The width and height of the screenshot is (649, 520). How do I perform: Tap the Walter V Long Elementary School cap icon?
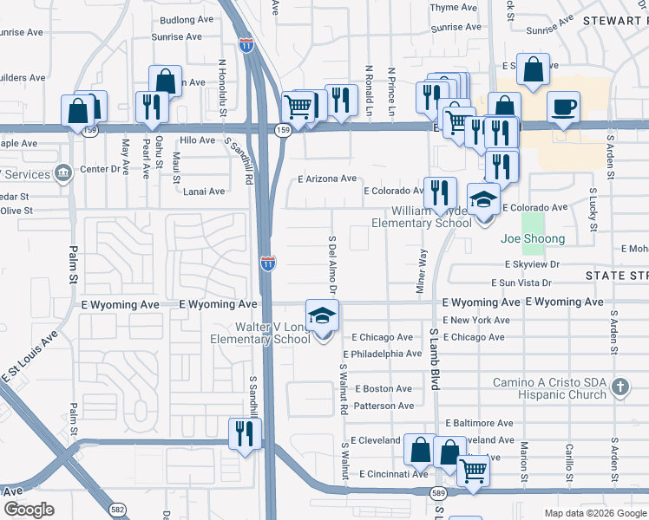tap(322, 315)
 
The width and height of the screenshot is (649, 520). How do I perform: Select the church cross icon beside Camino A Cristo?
tap(620, 387)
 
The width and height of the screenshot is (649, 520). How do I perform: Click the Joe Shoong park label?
tap(533, 238)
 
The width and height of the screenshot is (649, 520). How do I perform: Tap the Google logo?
tap(29, 510)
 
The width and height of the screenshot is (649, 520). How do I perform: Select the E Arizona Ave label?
tap(326, 179)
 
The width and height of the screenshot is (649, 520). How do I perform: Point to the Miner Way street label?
tap(423, 270)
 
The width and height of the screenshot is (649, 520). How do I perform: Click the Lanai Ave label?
tap(204, 192)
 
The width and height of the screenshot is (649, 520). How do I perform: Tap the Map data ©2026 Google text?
tap(594, 513)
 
